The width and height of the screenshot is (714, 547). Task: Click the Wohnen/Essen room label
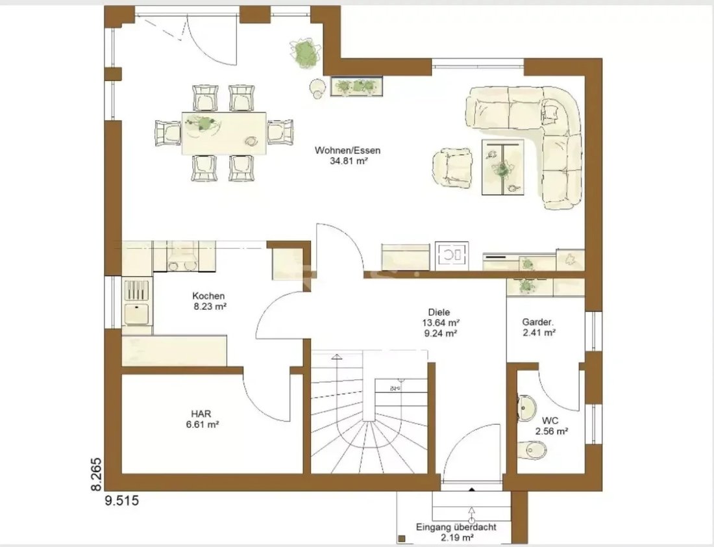coord(347,151)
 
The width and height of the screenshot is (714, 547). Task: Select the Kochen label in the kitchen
coord(208,296)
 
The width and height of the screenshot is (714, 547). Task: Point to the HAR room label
coord(201,414)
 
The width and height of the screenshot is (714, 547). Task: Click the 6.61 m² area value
coord(201,425)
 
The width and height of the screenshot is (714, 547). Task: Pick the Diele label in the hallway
coord(439,312)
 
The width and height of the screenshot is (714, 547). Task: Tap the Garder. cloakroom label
coord(538,322)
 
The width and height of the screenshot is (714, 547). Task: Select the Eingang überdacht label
coord(456,528)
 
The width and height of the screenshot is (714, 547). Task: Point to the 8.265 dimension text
coord(97,474)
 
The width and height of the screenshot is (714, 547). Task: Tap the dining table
coord(224,134)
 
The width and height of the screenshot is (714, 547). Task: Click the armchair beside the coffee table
coord(452,168)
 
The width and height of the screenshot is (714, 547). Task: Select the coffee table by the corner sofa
coord(502,167)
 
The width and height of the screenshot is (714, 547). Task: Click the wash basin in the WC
coord(526,406)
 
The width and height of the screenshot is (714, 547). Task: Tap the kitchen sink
coord(137,314)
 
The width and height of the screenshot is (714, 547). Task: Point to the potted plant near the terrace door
coord(304,53)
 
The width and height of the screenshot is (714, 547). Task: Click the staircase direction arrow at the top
coord(336,357)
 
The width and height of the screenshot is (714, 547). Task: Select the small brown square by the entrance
coord(402,539)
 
